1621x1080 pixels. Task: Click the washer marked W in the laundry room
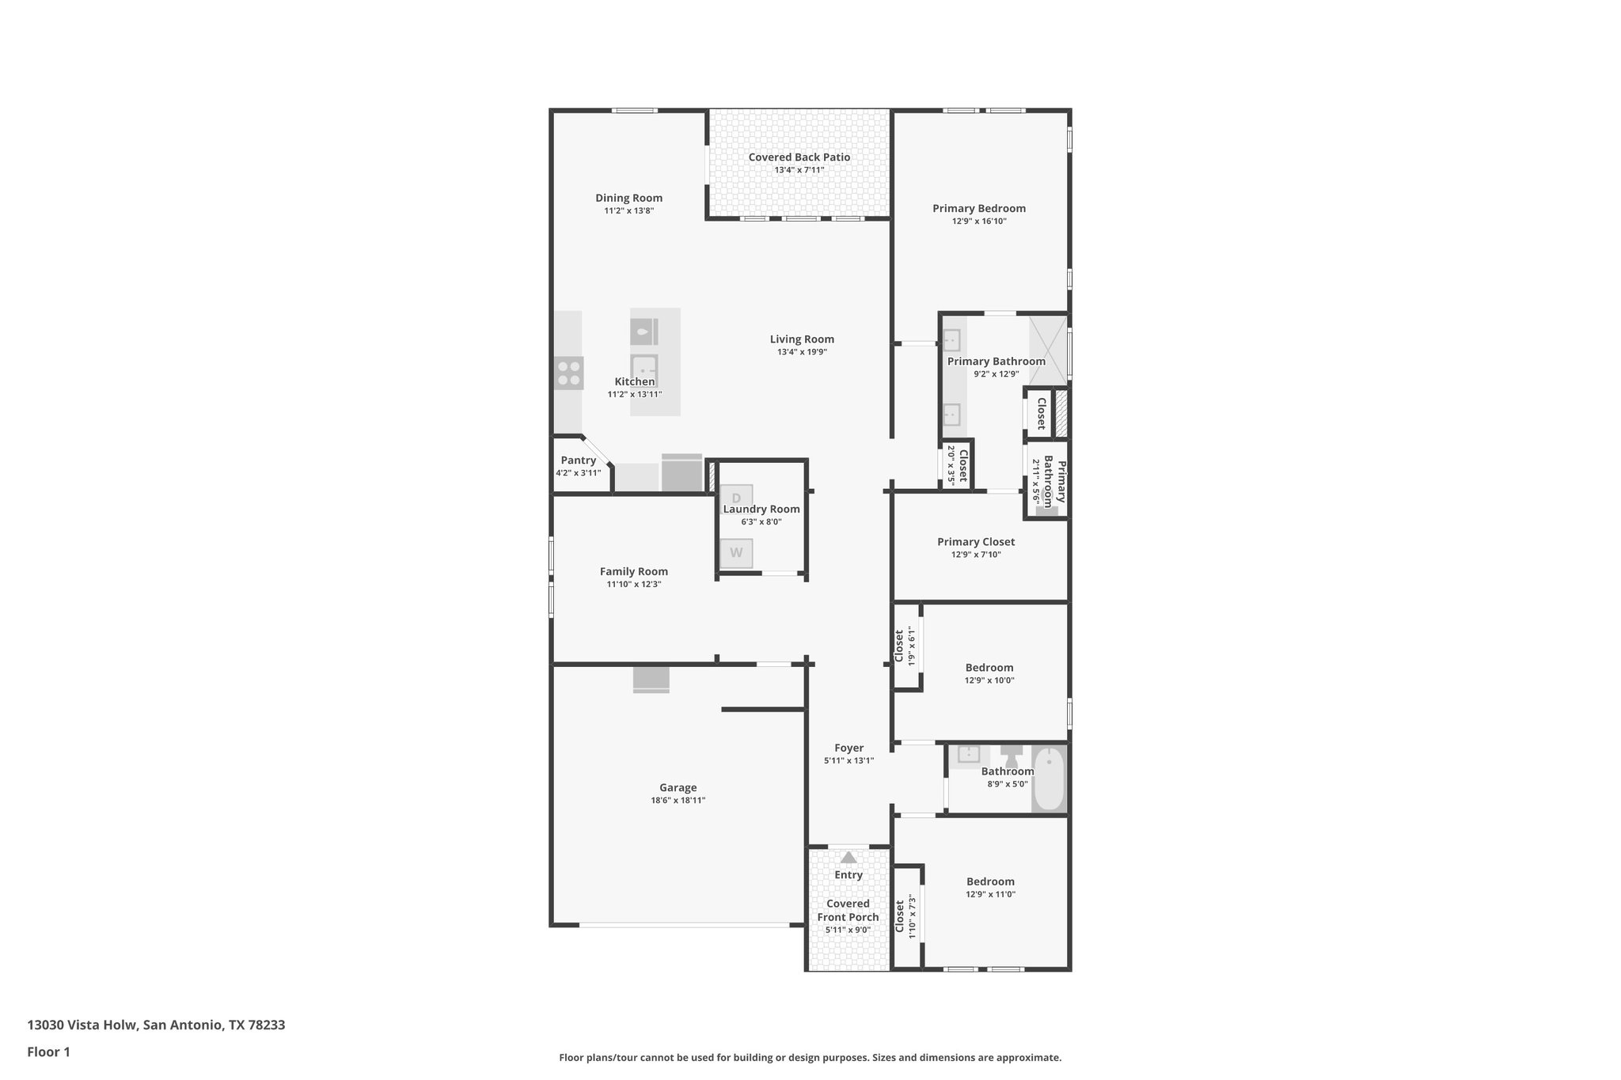(x=736, y=553)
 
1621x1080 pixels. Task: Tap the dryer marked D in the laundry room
(x=736, y=498)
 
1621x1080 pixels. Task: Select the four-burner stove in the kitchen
(x=568, y=373)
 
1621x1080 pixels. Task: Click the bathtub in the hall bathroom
(x=1049, y=779)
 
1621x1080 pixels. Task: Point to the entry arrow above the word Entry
(x=848, y=857)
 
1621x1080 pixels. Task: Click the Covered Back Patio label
(x=799, y=157)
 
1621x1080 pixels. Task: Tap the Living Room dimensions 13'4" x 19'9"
(x=802, y=352)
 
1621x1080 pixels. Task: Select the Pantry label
(x=578, y=460)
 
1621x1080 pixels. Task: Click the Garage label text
(x=678, y=787)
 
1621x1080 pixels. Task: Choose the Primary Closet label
(x=976, y=542)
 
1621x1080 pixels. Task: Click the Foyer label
(x=848, y=748)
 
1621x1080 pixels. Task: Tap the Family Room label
(x=633, y=571)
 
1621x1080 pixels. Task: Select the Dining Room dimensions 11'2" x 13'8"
(x=628, y=211)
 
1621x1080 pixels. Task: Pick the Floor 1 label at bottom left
(x=49, y=1052)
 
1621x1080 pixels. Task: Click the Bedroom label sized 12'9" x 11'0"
(x=990, y=881)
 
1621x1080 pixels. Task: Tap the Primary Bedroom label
(x=979, y=209)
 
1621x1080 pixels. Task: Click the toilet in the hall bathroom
(x=1011, y=755)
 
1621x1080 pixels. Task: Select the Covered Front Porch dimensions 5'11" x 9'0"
(x=848, y=930)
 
